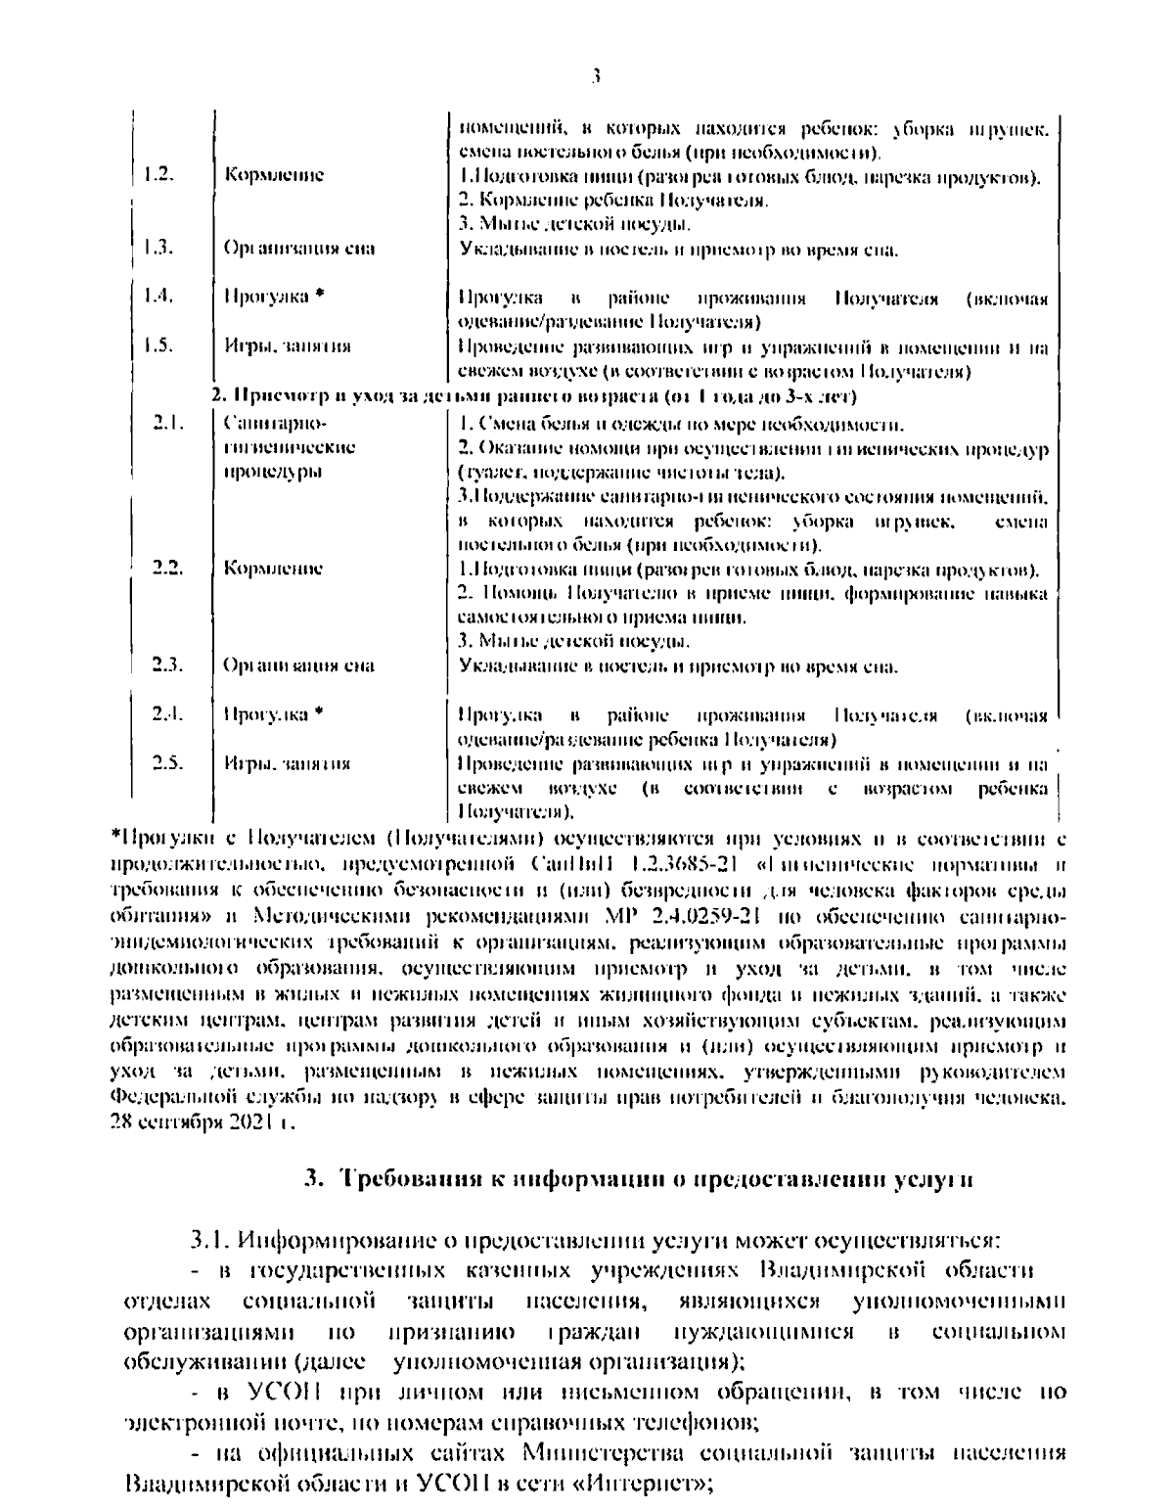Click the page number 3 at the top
[x=596, y=74]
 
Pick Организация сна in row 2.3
[x=298, y=666]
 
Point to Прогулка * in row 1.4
[x=273, y=297]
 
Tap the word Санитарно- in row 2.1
[x=273, y=424]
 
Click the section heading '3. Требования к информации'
[x=637, y=1180]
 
